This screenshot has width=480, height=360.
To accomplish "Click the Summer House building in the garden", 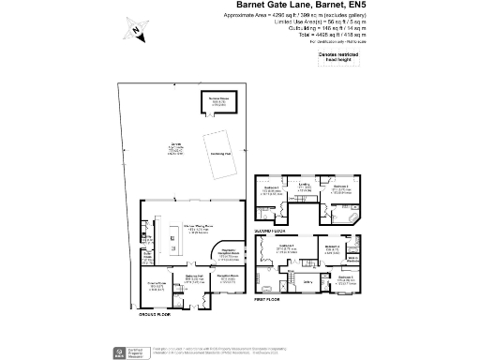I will click(x=218, y=101).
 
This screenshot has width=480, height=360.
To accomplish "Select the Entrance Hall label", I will click(x=194, y=280).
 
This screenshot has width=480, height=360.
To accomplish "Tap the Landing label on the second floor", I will click(x=305, y=187).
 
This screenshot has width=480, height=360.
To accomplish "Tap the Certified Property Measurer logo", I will click(x=120, y=352).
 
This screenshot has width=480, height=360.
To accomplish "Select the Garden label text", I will click(x=174, y=146).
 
